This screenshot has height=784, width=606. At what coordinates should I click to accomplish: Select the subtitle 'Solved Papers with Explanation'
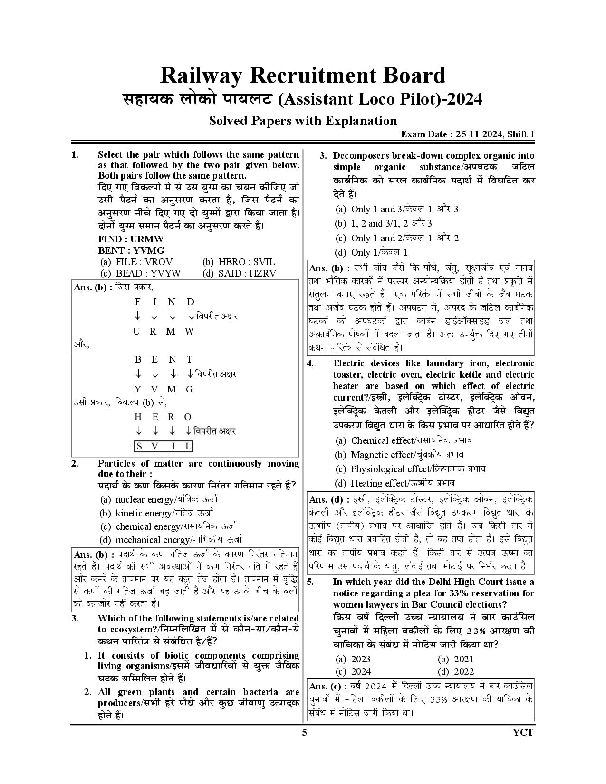click(x=303, y=121)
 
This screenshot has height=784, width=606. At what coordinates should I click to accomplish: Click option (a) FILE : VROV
click(x=136, y=262)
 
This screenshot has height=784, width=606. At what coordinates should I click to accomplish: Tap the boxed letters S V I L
click(x=164, y=446)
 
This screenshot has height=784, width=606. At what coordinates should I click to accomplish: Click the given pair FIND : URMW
click(x=131, y=239)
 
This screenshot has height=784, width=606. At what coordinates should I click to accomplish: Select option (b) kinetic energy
click(x=156, y=513)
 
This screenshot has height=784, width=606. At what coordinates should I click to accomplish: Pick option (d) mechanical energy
click(x=171, y=540)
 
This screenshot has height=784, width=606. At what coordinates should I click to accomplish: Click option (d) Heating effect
click(x=394, y=483)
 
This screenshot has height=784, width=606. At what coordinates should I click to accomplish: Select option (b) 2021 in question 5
click(x=456, y=659)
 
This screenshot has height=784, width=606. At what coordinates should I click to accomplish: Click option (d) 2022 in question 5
click(x=456, y=671)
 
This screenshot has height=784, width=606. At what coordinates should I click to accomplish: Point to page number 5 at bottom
click(x=304, y=732)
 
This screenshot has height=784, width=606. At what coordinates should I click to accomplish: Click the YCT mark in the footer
click(x=523, y=732)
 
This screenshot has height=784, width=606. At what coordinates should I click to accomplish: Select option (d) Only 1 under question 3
click(x=372, y=252)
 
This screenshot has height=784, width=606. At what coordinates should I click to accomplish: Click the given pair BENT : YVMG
click(x=131, y=250)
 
